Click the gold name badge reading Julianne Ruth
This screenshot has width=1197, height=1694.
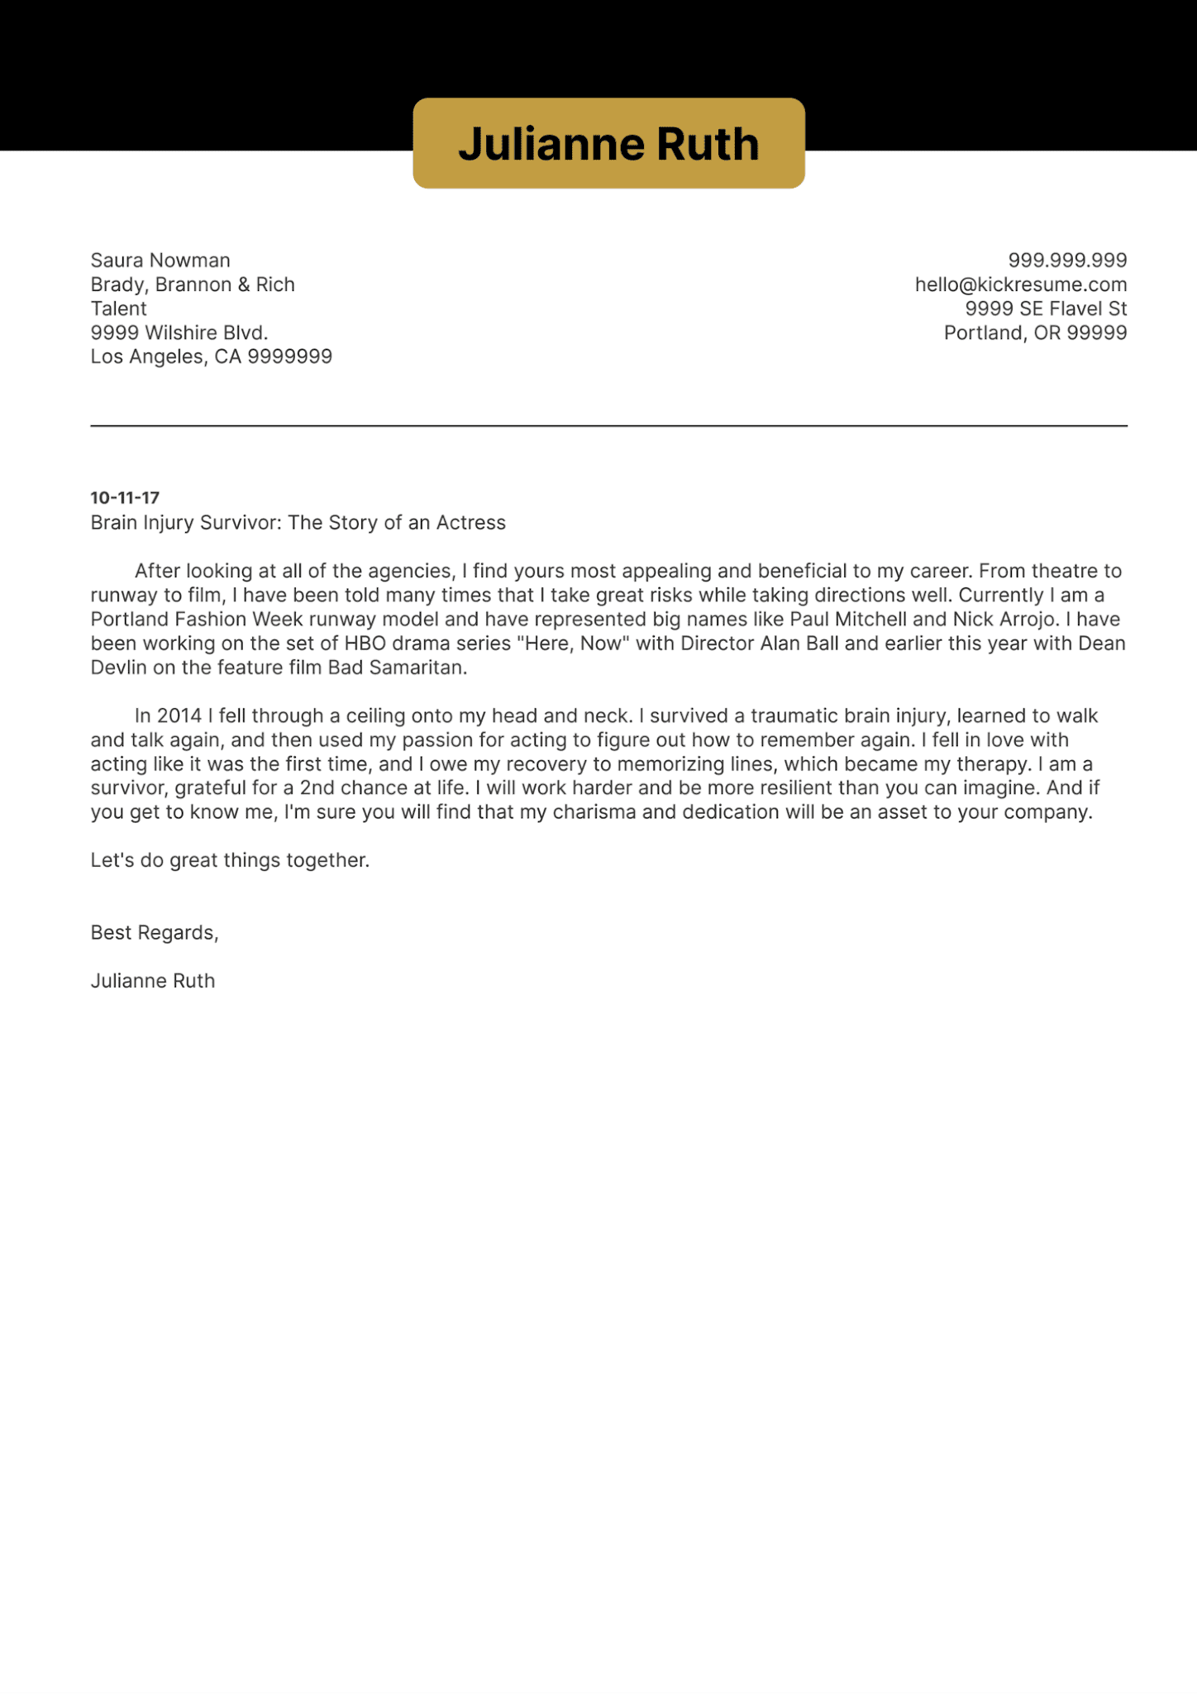coord(608,144)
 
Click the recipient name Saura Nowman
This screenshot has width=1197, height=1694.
coord(160,261)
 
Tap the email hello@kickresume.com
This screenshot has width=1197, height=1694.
coord(1020,285)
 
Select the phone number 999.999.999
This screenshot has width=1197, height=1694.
coord(1067,261)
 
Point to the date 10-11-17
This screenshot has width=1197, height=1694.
coord(125,498)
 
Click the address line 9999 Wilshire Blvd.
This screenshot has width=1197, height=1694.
coord(179,333)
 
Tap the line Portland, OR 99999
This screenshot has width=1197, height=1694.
coord(1035,333)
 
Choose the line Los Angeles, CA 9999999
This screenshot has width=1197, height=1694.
coord(211,357)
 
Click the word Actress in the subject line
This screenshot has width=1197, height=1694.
coord(470,523)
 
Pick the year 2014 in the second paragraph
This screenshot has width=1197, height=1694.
coord(179,715)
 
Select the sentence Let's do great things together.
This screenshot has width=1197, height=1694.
coord(230,860)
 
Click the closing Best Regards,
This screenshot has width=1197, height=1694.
coord(155,933)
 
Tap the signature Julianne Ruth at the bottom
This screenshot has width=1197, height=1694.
coord(153,981)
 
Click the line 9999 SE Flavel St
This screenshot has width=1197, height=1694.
coord(1046,309)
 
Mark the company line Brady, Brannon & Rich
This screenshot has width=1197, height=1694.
coord(193,285)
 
